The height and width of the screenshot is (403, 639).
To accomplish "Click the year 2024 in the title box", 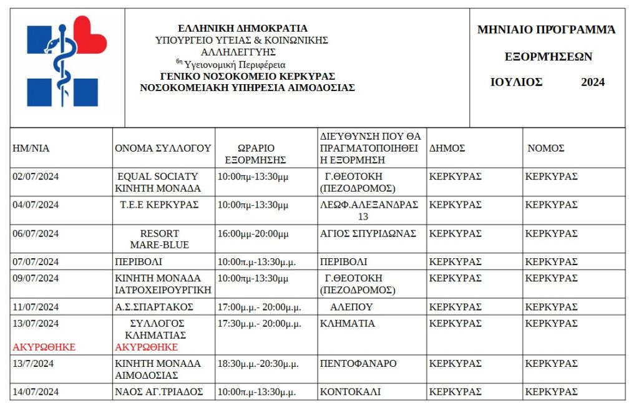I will [593, 82].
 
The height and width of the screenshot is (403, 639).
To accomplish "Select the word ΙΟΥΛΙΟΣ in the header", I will [516, 82].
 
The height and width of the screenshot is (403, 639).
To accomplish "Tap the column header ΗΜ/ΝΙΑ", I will [31, 148].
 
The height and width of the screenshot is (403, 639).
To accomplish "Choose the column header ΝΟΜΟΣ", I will [546, 148].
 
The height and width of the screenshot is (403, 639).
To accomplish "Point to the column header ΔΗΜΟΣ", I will [447, 148].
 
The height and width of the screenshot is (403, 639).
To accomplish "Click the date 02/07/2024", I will [36, 177].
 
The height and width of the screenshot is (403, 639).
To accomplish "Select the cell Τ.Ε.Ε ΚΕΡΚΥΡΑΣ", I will [159, 205].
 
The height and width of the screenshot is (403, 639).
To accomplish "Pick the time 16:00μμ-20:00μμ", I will [253, 234].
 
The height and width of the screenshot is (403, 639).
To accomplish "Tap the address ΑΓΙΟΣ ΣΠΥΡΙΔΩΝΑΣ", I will [368, 234].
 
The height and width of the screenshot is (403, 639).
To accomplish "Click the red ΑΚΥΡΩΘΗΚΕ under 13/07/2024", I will [44, 347].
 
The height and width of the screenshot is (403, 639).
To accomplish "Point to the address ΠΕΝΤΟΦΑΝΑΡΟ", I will [358, 364].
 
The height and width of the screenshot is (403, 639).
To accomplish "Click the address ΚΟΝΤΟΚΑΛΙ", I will [350, 392].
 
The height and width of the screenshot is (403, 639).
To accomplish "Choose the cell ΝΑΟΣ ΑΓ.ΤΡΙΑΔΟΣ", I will [160, 392].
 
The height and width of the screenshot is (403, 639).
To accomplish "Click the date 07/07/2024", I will [36, 262].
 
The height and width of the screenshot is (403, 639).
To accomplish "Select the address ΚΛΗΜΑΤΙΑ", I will [348, 324].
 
